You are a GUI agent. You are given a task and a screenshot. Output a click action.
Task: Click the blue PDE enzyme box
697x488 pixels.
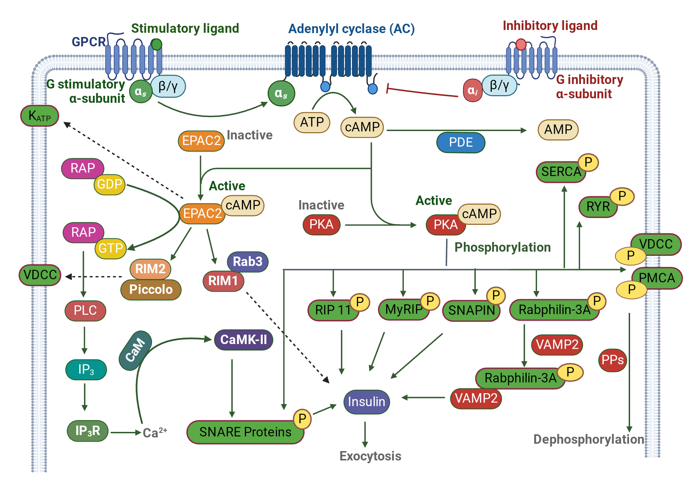[460, 143]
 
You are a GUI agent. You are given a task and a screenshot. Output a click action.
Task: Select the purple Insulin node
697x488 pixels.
[366, 402]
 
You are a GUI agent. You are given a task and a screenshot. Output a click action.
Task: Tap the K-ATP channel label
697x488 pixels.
[39, 116]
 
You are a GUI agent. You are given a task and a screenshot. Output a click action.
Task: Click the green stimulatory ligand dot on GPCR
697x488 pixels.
[156, 44]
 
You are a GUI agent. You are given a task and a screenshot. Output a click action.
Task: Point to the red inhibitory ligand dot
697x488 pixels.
[521, 44]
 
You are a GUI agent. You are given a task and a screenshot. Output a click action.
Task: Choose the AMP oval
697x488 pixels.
[558, 130]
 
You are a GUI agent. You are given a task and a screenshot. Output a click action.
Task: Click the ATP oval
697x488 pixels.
[312, 122]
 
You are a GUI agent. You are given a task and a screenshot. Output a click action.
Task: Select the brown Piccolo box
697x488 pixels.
[151, 289]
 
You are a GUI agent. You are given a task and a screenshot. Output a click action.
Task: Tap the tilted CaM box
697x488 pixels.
[135, 350]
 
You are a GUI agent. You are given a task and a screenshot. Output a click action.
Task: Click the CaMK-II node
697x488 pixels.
[243, 340]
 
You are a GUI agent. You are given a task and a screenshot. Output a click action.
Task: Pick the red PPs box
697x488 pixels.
[612, 360]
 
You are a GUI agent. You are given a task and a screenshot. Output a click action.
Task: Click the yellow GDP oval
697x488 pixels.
[109, 184]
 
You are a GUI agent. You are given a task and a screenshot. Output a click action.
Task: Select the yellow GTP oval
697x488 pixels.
[110, 248]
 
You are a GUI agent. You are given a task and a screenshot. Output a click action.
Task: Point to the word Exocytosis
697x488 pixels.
[370, 456]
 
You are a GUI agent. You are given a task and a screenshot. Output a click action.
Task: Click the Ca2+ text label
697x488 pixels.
[155, 433]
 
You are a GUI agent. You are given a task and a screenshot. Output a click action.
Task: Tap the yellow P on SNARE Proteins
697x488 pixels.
[302, 418]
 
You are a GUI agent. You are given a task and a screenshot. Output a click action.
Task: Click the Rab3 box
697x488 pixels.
[247, 261]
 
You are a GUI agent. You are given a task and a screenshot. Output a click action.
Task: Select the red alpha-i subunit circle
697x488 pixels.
[473, 91]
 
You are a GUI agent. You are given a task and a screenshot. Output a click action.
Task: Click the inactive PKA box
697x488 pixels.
[321, 224]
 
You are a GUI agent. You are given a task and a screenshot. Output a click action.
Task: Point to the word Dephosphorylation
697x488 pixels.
[589, 439]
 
